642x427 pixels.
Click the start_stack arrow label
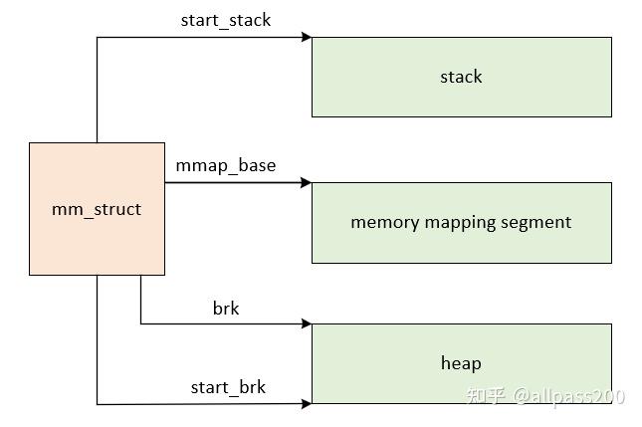click(x=225, y=20)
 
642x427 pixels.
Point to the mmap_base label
click(x=225, y=165)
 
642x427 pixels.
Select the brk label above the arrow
click(x=226, y=309)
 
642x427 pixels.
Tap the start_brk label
click(x=228, y=387)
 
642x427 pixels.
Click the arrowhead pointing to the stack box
click(x=307, y=38)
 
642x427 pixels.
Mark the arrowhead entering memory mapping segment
click(x=307, y=183)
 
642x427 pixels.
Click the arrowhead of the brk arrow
click(x=307, y=323)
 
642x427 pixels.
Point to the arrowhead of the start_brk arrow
click(x=307, y=403)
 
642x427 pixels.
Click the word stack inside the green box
click(x=461, y=77)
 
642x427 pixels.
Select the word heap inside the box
click(x=461, y=363)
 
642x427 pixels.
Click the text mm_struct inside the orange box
click(x=97, y=209)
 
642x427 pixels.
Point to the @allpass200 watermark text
click(x=569, y=396)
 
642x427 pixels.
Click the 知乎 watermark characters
click(x=489, y=396)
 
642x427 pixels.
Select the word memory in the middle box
click(x=386, y=223)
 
